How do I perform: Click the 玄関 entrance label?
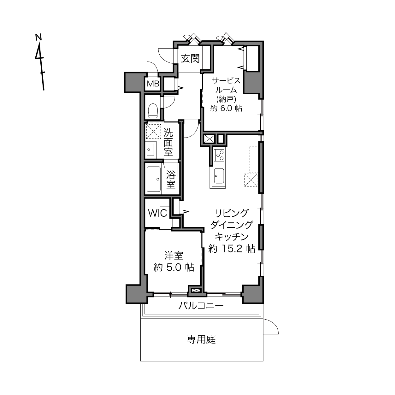(x=190, y=59)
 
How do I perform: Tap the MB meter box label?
(x=153, y=84)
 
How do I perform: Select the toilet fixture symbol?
(x=153, y=111)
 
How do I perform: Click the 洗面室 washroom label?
(x=168, y=142)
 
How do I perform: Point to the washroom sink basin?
(x=150, y=150)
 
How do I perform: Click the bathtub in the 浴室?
(x=154, y=179)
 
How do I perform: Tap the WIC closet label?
(x=157, y=213)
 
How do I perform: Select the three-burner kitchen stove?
(x=219, y=155)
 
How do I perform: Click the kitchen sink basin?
(x=219, y=176)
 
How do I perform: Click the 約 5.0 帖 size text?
(x=174, y=267)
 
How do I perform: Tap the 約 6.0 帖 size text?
(x=226, y=108)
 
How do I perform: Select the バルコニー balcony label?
(x=201, y=306)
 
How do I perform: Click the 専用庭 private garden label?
(x=202, y=339)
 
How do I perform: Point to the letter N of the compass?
(x=38, y=37)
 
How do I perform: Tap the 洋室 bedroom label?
(x=174, y=256)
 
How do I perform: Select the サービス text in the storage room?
(x=226, y=81)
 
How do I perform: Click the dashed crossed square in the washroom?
(x=154, y=131)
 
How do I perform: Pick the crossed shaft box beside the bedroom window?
(x=196, y=290)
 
